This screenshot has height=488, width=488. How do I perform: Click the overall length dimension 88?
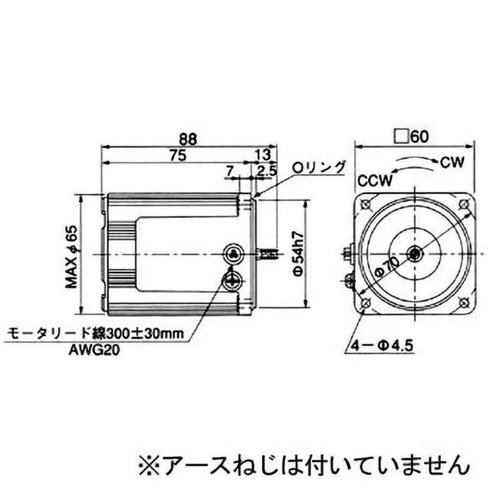coord(190,139)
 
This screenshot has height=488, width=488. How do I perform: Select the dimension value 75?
coord(178,156)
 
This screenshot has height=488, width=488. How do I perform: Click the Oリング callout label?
coord(319,168)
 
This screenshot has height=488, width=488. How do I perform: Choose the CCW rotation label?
coord(375,181)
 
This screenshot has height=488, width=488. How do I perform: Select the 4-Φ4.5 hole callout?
coord(383,346)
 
